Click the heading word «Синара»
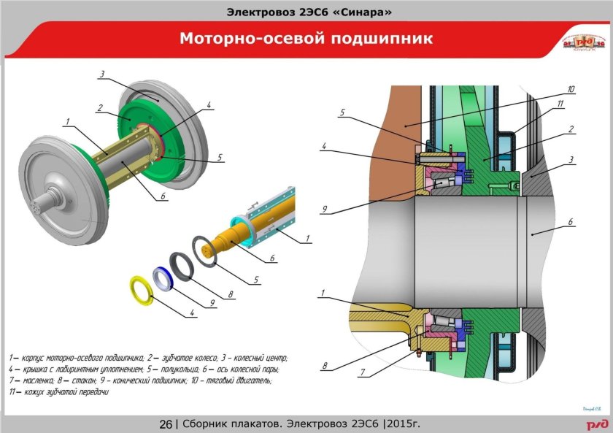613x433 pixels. (x=358, y=12)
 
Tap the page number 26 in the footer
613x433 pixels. (x=166, y=424)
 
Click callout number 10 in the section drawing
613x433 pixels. (x=571, y=89)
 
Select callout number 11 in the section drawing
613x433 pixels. (x=560, y=105)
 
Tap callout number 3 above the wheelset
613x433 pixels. (x=104, y=74)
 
